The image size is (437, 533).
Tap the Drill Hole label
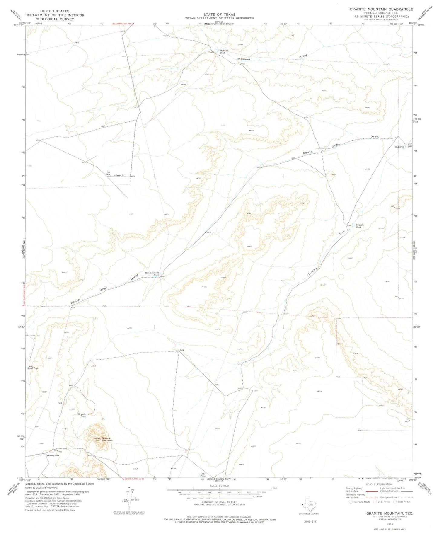coord(109,173)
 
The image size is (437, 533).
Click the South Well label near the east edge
coord(399,147)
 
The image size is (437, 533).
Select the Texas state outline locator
coord(310,504)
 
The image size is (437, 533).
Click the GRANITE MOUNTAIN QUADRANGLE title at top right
coord(381,9)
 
